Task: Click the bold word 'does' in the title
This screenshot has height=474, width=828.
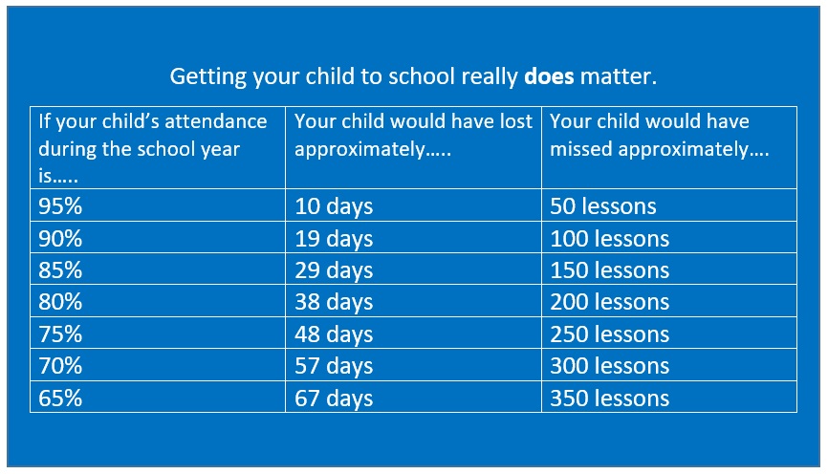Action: pos(549,76)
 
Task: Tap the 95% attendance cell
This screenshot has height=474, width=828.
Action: pos(158,205)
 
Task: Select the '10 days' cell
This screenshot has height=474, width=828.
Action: pos(413,205)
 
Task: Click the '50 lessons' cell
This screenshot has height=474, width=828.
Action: pos(669,205)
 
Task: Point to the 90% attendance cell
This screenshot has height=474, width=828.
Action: pos(158,238)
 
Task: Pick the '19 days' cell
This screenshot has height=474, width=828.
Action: pos(413,238)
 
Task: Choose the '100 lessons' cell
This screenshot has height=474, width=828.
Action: pos(669,238)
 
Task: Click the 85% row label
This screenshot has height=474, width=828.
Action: pos(60,269)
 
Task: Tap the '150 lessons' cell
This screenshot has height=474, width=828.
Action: pos(669,269)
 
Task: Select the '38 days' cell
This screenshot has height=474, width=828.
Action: pos(413,301)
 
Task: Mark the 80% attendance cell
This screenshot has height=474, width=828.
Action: pos(158,301)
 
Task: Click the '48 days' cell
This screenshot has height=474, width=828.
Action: pos(413,334)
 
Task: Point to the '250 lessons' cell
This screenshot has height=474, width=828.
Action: pos(669,334)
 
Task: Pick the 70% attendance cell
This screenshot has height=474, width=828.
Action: pos(158,365)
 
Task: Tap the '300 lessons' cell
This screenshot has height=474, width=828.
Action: pos(669,365)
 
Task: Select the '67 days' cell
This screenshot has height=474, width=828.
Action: pos(413,397)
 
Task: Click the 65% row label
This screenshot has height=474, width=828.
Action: pos(60,398)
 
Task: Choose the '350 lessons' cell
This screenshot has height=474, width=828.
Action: pos(669,397)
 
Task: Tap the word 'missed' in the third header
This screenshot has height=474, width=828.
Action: pos(581,149)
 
